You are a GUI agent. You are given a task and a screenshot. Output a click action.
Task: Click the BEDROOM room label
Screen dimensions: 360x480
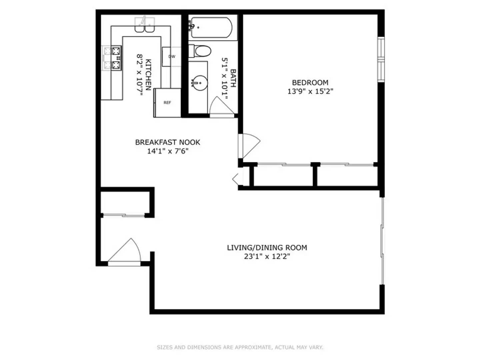310,82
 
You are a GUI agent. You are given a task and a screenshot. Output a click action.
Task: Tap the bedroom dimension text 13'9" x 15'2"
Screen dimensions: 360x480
310,91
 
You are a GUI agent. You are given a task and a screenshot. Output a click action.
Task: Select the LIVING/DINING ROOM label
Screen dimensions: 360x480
267,247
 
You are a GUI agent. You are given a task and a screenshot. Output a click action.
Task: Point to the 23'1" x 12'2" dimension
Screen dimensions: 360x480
267,256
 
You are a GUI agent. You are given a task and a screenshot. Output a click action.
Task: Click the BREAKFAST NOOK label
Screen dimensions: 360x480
167,142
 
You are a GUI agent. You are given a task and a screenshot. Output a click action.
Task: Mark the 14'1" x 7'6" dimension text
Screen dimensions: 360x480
167,151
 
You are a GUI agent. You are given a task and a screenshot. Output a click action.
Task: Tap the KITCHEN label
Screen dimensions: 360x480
148,75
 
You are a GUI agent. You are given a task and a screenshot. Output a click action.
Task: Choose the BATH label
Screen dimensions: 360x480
233,78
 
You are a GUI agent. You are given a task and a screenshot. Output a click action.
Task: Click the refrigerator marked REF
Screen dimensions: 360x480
167,103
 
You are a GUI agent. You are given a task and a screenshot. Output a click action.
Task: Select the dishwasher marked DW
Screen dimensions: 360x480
171,57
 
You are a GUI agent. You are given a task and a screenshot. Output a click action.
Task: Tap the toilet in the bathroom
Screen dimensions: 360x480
201,51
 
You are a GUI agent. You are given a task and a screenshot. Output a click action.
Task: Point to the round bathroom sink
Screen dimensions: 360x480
199,83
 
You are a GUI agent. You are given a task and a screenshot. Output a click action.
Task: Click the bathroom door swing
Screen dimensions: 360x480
221,106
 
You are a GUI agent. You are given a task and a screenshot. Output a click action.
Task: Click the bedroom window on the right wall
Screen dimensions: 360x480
381,59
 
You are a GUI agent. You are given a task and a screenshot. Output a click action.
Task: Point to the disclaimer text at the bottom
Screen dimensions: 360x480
240,347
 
